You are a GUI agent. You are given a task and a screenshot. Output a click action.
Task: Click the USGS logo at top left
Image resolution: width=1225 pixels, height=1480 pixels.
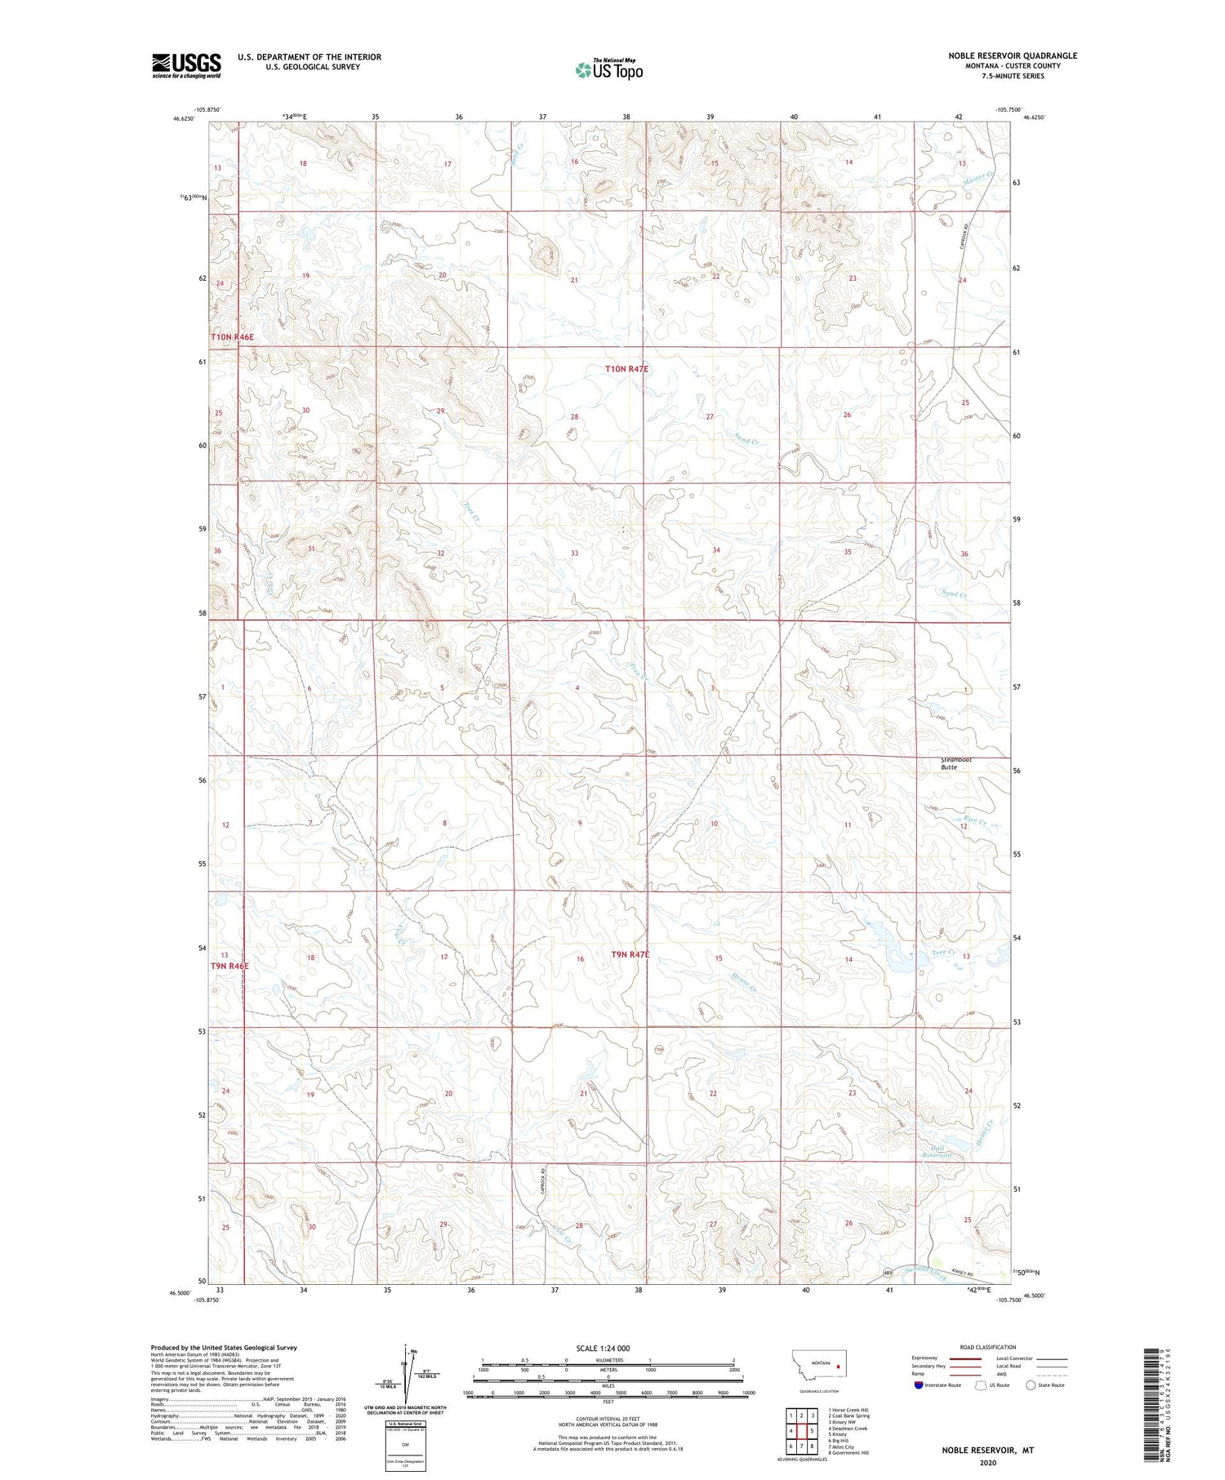point(186,65)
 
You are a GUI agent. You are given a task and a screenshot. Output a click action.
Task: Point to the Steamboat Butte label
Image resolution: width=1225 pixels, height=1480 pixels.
point(955,763)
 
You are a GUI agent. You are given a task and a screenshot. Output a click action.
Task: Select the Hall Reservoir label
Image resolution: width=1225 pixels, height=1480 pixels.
point(938,1151)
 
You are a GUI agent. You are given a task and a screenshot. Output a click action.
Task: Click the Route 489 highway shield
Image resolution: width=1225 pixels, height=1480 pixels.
point(889,1273)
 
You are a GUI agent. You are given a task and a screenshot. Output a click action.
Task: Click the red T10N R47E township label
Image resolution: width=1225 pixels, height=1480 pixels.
point(626,369)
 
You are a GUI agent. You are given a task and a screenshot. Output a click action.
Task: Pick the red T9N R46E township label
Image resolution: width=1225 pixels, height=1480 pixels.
point(229,966)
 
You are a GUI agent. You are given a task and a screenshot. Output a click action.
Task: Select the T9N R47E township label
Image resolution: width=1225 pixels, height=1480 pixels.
point(630,954)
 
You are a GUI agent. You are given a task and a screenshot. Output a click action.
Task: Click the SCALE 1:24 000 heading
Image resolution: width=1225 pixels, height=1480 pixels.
point(608,1348)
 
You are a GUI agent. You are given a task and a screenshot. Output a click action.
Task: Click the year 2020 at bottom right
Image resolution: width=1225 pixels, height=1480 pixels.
point(987,1462)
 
